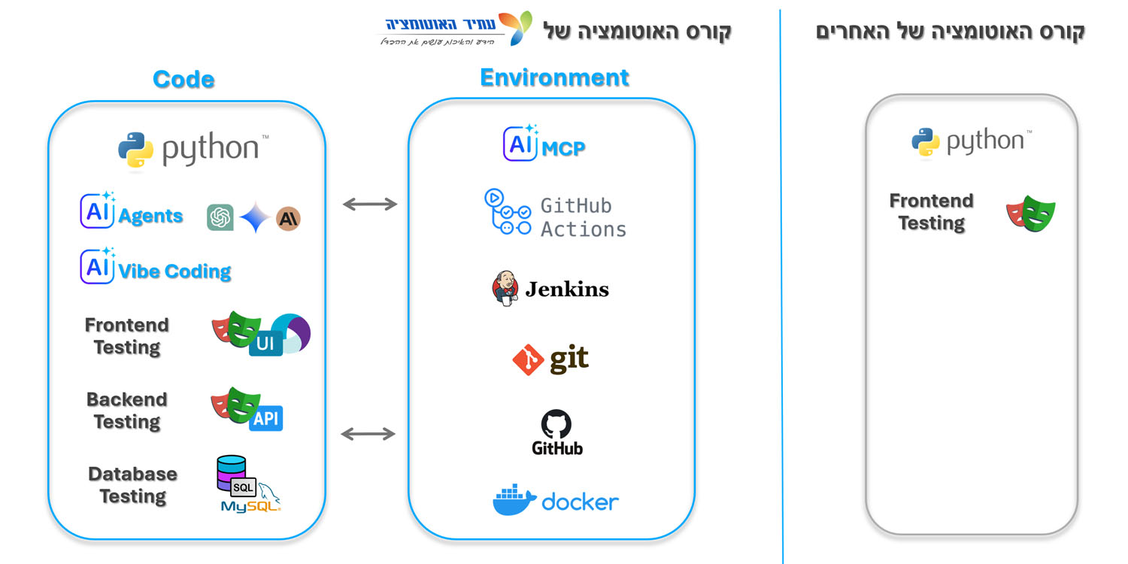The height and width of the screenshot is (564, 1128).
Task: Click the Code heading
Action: pos(183,79)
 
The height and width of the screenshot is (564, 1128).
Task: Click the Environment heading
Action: pos(554,77)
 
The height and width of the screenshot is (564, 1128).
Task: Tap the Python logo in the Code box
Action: pos(136,149)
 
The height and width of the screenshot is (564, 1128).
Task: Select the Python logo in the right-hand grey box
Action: pos(926,141)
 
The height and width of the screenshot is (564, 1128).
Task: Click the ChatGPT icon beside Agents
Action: pos(220,218)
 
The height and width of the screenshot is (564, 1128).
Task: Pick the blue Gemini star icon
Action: pos(255,218)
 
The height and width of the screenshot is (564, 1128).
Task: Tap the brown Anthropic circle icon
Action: pos(288,218)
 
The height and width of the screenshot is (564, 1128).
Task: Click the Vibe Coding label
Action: pos(174,271)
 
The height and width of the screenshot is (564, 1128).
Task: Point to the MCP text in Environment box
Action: pos(563,148)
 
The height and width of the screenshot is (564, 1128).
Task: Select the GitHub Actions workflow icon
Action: pos(507,213)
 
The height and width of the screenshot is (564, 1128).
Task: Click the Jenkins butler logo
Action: pos(505,289)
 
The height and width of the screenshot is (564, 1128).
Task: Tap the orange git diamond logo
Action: pos(528,360)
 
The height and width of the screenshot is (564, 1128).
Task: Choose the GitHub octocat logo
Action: pos(556,425)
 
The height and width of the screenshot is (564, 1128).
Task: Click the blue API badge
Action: pos(265,419)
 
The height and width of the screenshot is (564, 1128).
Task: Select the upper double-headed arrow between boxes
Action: pos(369,204)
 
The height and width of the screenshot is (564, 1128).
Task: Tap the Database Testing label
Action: pos(132,485)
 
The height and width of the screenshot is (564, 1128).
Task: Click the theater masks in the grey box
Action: pos(1030,214)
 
